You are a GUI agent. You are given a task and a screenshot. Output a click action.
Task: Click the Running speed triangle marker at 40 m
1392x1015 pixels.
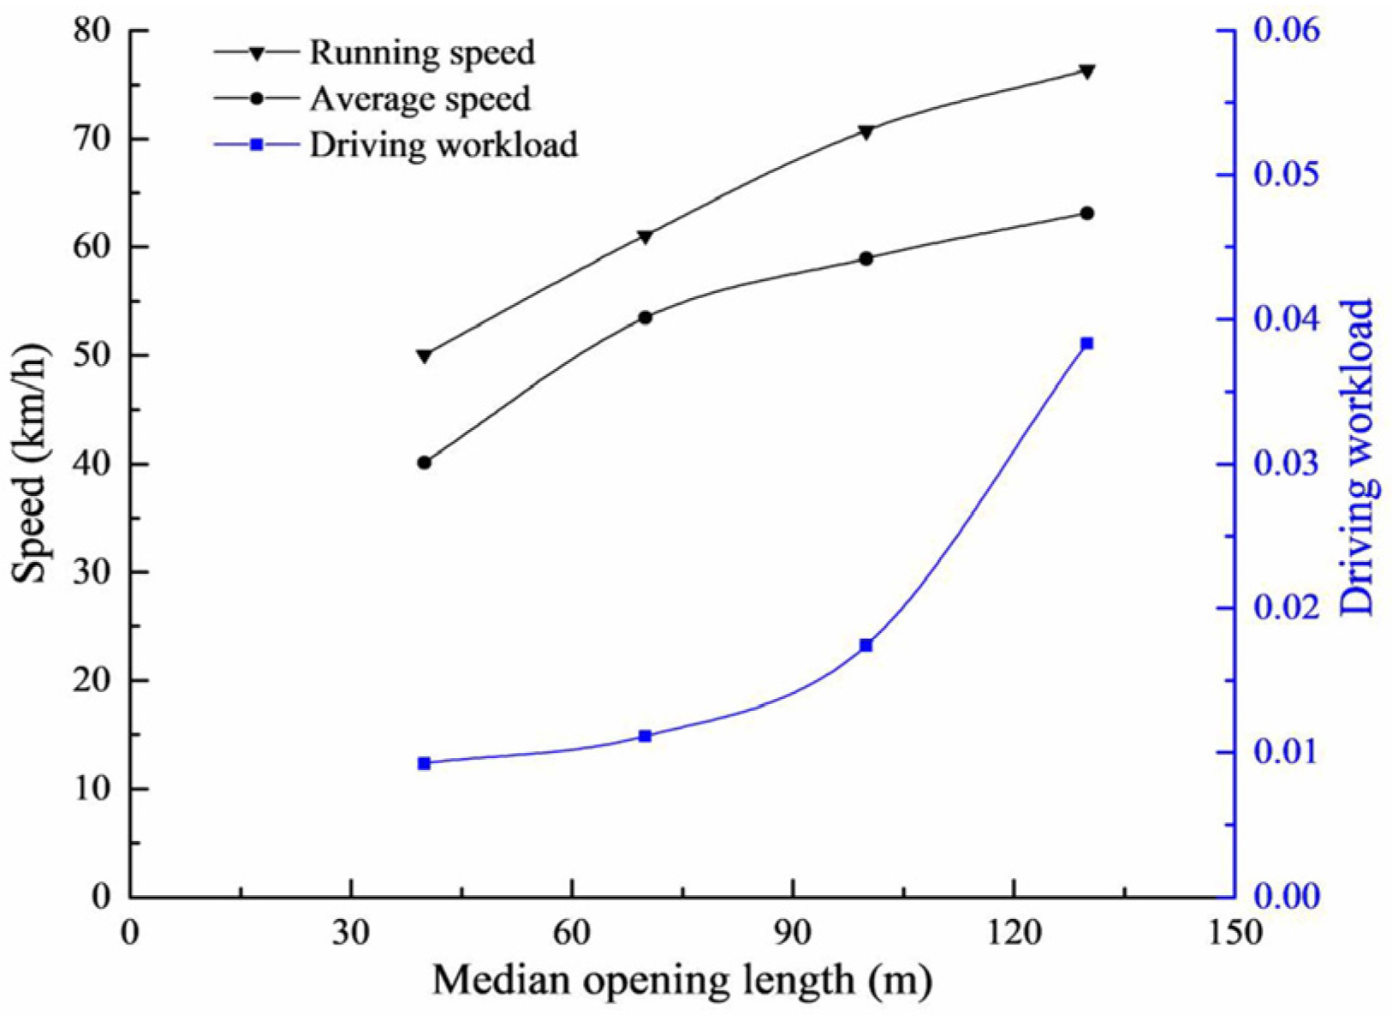point(425,355)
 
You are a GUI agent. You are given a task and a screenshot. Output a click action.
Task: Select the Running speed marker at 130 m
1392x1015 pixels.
point(1087,71)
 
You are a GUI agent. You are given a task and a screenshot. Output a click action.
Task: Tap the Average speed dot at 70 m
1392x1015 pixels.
point(645,318)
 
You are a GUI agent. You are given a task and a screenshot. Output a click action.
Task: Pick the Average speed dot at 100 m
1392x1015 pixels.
point(866,258)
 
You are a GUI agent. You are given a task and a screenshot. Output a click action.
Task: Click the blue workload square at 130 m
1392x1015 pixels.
point(1087,343)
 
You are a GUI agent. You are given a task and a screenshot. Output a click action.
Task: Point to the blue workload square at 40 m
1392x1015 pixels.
point(425,763)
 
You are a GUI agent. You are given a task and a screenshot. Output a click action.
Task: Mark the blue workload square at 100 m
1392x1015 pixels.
point(866,645)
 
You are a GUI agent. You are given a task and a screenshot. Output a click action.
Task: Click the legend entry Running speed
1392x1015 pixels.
point(421,52)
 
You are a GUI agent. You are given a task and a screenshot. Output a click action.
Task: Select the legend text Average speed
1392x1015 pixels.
point(419,99)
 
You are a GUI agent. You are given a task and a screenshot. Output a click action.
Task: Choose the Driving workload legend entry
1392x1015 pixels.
point(443,145)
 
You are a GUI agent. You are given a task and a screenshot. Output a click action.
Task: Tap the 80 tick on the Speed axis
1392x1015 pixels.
point(92,31)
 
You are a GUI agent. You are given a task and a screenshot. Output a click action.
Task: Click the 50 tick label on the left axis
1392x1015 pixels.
point(92,355)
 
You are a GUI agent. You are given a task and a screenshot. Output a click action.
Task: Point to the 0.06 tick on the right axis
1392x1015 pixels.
point(1287,31)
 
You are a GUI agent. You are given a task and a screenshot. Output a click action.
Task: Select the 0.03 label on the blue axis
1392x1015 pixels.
point(1287,464)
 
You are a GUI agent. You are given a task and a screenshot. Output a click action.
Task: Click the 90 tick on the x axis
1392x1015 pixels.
point(793,930)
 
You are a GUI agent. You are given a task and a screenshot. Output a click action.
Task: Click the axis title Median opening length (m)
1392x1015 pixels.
point(681,979)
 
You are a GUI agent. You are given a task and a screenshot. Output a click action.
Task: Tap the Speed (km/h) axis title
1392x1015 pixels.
point(32,463)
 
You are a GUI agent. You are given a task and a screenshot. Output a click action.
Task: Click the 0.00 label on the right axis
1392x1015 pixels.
point(1287,897)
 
